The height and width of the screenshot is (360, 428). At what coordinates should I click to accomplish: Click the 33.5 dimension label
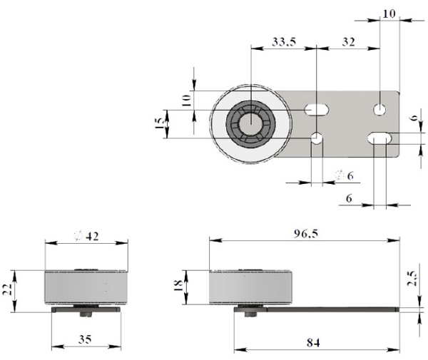pos(284,41)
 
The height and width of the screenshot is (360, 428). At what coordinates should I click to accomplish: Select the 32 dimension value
pos(349,42)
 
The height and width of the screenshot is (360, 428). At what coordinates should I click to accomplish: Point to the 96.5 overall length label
pos(306,233)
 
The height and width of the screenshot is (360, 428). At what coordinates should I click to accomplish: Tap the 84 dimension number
pos(313,342)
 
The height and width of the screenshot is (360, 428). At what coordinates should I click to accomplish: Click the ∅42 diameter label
pos(86,236)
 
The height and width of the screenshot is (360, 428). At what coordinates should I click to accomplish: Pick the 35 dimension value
pos(85,339)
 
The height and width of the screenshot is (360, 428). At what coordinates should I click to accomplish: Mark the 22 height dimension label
pos(7,289)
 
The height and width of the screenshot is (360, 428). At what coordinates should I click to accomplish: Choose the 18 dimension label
pos(178,286)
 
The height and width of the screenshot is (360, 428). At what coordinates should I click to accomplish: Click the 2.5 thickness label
pos(412,278)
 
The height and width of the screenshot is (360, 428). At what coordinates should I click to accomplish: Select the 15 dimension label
pos(159,123)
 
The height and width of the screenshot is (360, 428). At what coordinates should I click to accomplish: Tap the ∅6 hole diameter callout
pos(345,175)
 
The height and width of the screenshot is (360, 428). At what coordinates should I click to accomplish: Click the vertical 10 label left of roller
pos(186,101)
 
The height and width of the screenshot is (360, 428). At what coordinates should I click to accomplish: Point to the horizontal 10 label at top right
pos(389,14)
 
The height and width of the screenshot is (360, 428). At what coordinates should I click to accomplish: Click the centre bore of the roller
pos(251,123)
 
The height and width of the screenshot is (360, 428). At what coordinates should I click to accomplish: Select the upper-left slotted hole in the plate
pos(317,110)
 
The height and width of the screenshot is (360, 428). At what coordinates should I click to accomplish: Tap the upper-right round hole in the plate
pos(379,110)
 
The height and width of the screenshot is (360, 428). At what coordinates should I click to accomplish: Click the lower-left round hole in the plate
pos(317,138)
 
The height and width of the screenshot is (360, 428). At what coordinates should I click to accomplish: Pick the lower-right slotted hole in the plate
pos(379,138)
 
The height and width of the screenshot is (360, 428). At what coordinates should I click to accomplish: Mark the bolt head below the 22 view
pos(86,314)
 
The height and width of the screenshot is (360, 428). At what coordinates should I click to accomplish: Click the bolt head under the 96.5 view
pos(250,314)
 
